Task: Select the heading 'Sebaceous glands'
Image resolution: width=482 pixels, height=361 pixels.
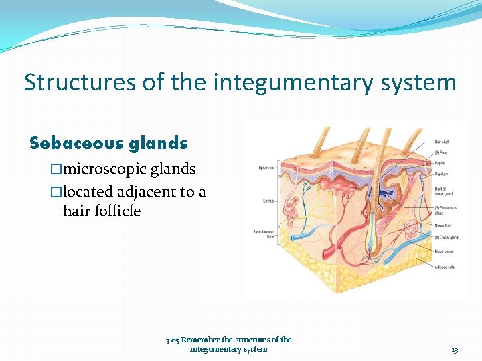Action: (108, 143)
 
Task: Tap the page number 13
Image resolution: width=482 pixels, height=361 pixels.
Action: (455, 350)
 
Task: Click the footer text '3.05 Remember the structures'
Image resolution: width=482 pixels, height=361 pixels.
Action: (228, 340)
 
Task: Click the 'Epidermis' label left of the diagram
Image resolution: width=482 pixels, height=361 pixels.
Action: (266, 168)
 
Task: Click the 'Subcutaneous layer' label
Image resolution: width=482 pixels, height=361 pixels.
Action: (265, 232)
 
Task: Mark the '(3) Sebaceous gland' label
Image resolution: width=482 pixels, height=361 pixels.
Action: (444, 211)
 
